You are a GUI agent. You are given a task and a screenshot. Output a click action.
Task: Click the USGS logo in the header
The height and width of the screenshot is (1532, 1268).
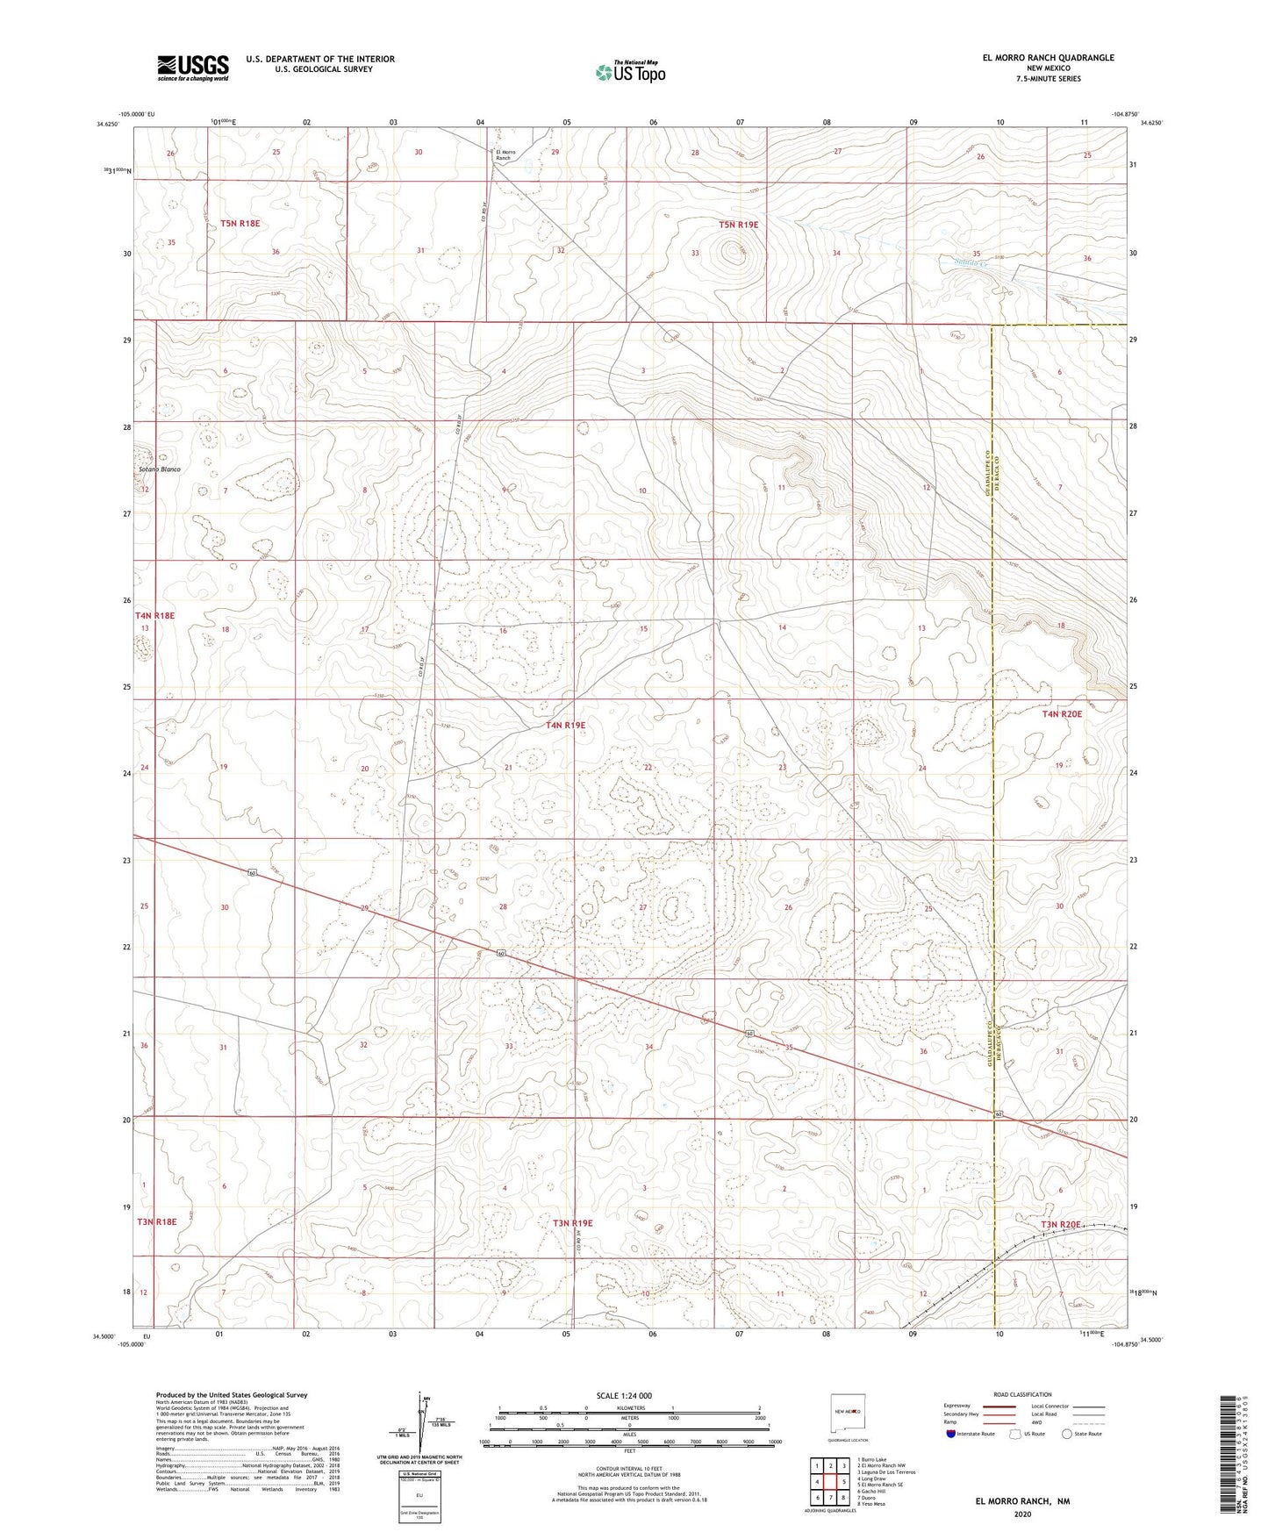pos(193,68)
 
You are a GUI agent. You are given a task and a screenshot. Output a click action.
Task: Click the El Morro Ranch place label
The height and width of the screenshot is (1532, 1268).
pos(506,155)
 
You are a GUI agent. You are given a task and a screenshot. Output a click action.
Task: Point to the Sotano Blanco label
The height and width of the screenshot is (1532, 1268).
pos(159,469)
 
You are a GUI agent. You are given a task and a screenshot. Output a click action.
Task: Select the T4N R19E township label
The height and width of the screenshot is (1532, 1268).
pos(565,726)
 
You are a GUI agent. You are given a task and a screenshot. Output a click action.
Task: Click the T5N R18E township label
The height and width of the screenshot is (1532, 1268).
pos(234,224)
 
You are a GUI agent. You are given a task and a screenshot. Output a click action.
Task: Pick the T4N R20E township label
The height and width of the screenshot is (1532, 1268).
pos(1062,714)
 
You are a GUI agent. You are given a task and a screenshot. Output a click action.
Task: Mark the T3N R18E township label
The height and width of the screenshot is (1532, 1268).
pos(156,1221)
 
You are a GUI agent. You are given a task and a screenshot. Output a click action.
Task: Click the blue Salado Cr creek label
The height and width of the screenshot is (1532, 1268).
pos(971,261)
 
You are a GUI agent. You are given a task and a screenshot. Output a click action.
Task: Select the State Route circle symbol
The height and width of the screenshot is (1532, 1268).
pos(1067,1435)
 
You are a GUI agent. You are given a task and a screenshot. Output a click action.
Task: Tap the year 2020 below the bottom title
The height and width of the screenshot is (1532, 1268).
pos(1021,1514)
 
